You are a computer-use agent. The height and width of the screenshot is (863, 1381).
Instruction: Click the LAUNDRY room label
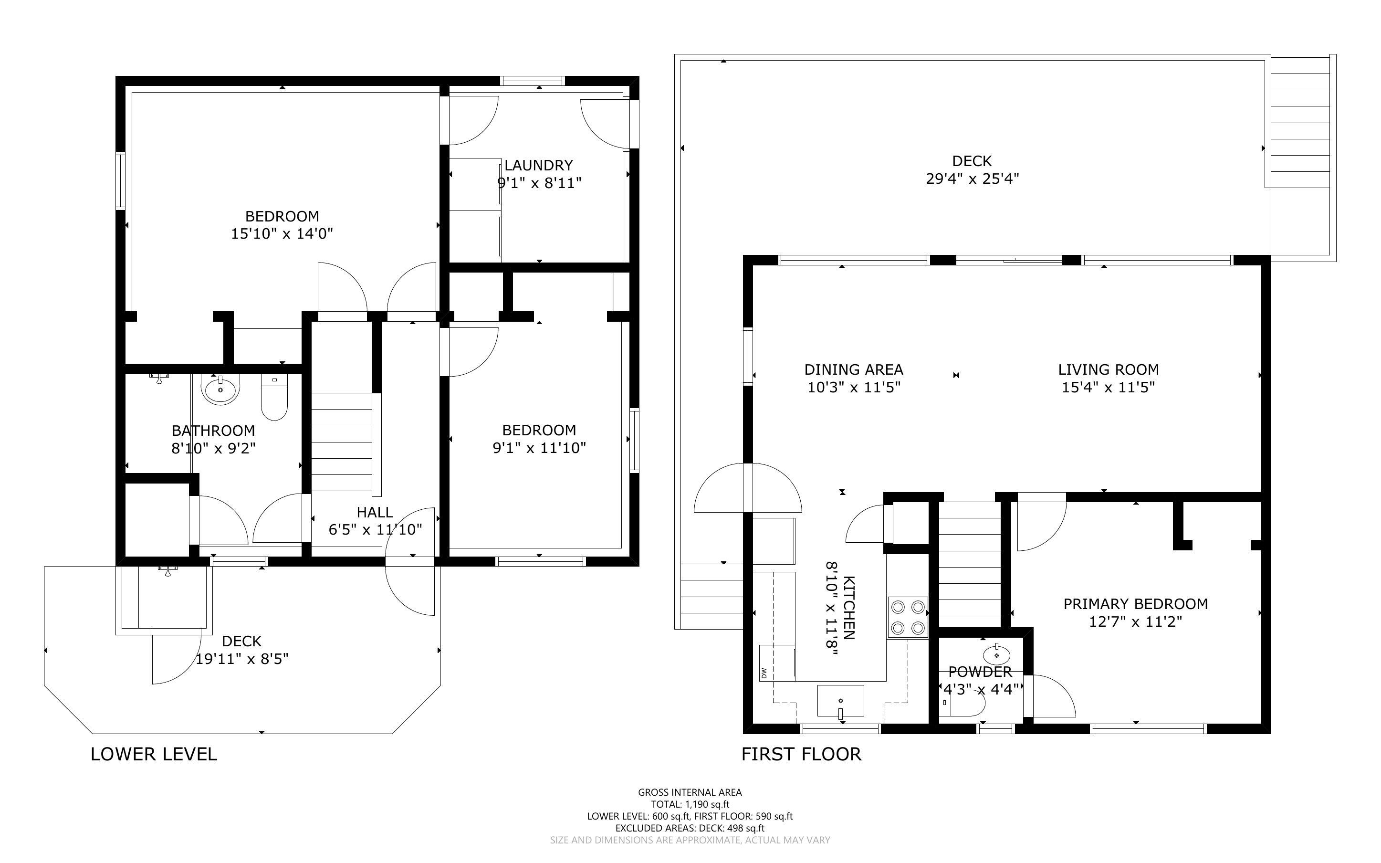pos(538,166)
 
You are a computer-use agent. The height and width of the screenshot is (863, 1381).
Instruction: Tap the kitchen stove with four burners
pos(907,617)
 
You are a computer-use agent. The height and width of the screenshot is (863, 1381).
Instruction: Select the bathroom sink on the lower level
pos(220,390)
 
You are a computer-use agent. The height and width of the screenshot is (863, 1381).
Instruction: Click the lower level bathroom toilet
pos(274,397)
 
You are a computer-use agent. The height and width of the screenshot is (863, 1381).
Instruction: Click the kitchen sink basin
pos(840,700)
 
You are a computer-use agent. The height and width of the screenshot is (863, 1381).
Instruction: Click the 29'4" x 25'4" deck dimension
pos(972,179)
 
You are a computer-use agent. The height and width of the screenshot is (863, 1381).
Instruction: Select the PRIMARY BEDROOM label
pos(1135,604)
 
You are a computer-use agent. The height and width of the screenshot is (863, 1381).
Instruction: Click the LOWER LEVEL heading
pos(154,754)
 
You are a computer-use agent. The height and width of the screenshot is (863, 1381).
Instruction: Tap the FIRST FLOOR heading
pos(801,754)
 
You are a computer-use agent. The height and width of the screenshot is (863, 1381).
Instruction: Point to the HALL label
pos(375,513)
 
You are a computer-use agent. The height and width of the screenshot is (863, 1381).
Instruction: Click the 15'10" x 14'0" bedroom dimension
pos(282,233)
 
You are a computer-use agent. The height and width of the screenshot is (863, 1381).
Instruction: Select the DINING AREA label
pos(853,370)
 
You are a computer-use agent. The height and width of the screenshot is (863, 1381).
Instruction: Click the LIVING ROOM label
pos(1108,370)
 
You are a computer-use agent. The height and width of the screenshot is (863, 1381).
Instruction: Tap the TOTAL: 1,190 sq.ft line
pos(690,804)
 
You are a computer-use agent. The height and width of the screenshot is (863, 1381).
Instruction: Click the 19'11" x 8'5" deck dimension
pos(242,659)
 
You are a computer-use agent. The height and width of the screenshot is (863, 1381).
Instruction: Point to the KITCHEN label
pos(849,607)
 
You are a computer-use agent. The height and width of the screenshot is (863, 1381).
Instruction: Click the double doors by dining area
pos(747,488)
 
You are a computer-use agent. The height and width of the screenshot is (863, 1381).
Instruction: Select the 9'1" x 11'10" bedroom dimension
pos(539,448)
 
